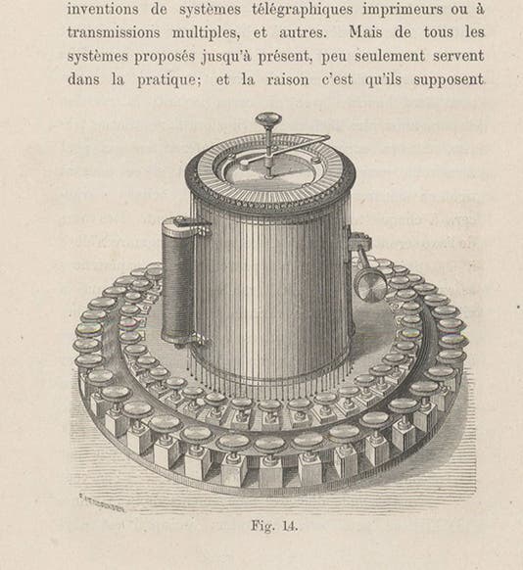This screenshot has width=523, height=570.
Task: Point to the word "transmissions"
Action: pos(118,32)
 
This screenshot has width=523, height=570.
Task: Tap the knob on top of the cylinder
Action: pos(269,122)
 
